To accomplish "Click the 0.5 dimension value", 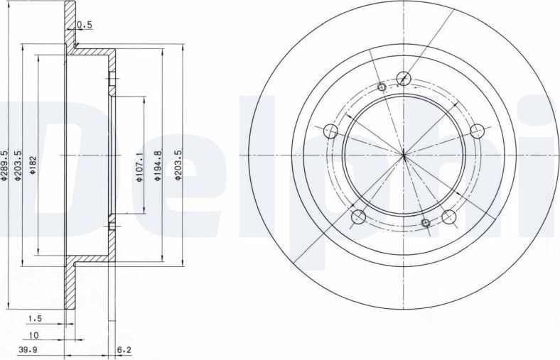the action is [85, 25].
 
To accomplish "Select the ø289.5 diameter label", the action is [4, 165].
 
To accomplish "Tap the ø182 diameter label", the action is [33, 165].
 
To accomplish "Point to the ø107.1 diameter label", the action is [139, 167].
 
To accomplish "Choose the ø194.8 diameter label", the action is [158, 165].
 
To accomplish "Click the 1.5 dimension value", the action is [35, 317].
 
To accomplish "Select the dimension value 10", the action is [33, 335].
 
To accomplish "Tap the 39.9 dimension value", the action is [28, 349].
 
